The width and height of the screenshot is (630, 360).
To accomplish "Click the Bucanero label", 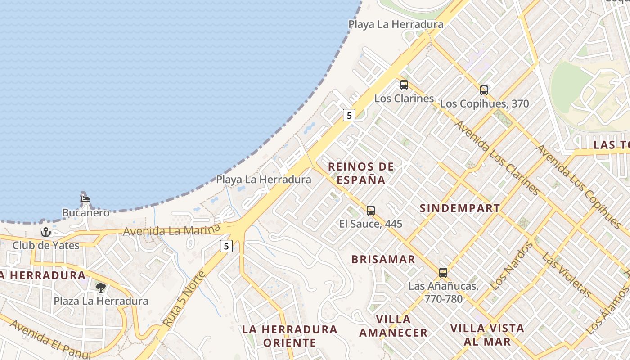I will (85, 212).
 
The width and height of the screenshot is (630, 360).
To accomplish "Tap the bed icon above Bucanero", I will (85, 198).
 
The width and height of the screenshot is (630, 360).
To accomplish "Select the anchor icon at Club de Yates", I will (45, 232).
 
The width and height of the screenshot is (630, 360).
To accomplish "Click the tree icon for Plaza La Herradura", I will (101, 287).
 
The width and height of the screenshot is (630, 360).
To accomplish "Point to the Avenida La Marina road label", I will (171, 230).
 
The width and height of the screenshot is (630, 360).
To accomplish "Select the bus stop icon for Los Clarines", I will (404, 85).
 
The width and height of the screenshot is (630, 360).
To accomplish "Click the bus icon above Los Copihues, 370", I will (484, 90).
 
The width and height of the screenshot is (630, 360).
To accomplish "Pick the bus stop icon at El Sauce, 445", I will (371, 210).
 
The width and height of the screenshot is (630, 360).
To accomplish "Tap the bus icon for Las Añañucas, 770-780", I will (443, 272).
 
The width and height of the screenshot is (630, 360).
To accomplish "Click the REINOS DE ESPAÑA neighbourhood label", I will (361, 173).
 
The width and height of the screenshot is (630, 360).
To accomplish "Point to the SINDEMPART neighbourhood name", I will (459, 208).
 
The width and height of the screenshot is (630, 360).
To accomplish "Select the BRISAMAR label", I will (383, 259).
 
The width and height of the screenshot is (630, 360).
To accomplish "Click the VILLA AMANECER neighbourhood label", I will (393, 326).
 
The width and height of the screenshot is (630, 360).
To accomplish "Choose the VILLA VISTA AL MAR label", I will (487, 334).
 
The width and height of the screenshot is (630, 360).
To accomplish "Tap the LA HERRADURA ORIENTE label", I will (290, 336).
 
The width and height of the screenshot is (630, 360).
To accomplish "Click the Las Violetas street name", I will (567, 275).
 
